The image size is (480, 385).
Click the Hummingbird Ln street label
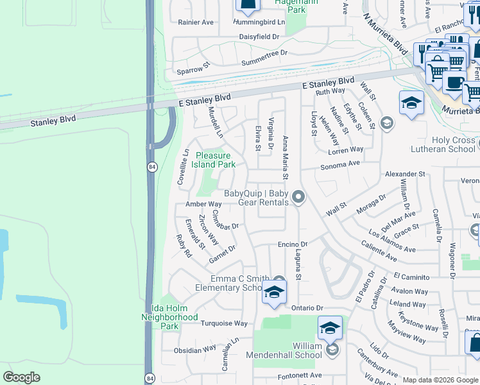259,21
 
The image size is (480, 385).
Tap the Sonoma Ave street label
340,164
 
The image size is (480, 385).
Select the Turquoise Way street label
223,323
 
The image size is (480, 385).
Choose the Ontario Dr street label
309,307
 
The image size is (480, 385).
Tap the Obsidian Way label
195,349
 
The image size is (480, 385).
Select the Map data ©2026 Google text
440,380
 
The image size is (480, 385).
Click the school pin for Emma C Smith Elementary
274,293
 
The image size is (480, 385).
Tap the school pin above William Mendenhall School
330,328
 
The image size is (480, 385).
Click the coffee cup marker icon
454,83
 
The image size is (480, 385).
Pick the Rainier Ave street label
196,22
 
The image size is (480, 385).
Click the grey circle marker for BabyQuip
298,197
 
